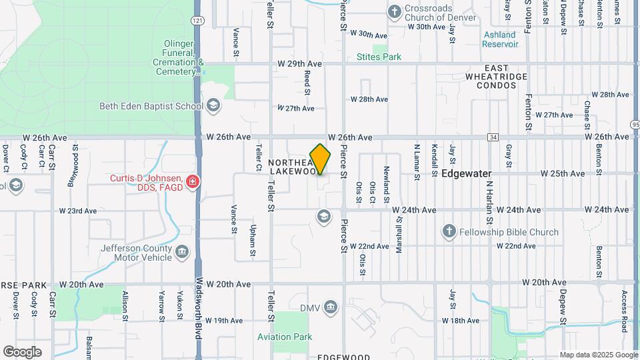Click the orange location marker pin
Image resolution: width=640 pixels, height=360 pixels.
[320, 159]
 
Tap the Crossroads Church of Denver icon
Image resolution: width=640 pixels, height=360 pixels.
[394, 11]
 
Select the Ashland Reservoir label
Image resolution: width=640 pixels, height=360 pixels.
[501, 39]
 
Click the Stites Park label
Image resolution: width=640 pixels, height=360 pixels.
[379, 57]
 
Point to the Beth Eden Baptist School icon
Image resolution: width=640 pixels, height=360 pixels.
[213, 105]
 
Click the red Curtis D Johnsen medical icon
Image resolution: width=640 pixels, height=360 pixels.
[193, 181]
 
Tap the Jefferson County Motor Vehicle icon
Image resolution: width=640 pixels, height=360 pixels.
[182, 253]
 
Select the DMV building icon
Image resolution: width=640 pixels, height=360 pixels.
[331, 307]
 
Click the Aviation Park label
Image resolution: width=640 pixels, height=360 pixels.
[285, 337]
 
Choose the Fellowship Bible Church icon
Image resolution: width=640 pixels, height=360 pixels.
[449, 231]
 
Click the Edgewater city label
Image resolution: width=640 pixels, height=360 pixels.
[466, 173]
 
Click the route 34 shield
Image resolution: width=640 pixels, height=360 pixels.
[493, 137]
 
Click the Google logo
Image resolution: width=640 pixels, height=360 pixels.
[22, 351]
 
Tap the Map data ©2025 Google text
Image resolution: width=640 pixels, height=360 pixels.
[598, 355]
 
